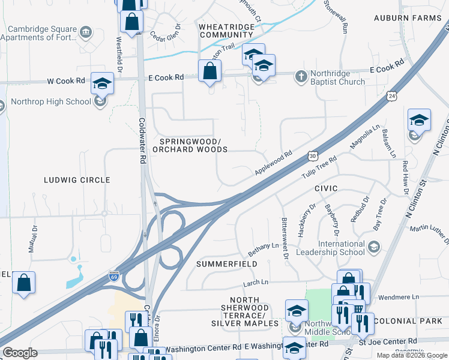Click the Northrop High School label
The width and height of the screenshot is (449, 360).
pyautogui.click(x=50, y=101)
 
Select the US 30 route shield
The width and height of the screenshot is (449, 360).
pyautogui.click(x=313, y=155)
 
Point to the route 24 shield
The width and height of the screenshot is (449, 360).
pyautogui.click(x=391, y=95)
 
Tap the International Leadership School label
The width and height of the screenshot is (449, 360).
pyautogui.click(x=334, y=248)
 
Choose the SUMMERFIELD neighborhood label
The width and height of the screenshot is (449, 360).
pyautogui.click(x=226, y=264)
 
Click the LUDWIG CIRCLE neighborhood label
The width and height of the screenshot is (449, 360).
pyautogui.click(x=77, y=180)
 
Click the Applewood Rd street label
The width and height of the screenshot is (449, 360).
pyautogui.click(x=273, y=163)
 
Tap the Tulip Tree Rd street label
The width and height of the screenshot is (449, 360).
pyautogui.click(x=319, y=166)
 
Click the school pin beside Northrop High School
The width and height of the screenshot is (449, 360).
pyautogui.click(x=102, y=84)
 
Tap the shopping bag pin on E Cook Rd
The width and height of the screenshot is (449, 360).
pyautogui.click(x=209, y=71)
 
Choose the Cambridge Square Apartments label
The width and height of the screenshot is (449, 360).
pyautogui.click(x=38, y=34)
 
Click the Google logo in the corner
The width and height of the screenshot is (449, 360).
pyautogui.click(x=20, y=352)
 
